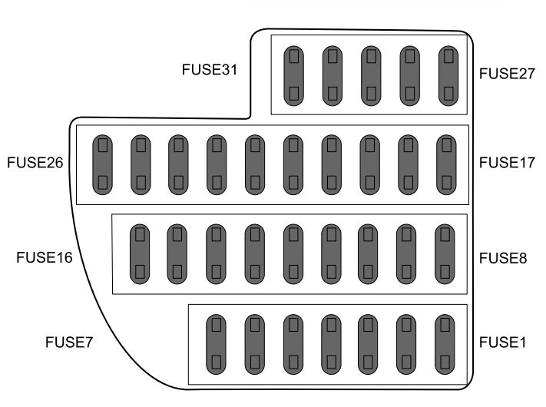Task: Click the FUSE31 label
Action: pyautogui.click(x=210, y=68)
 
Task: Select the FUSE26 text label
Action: pyautogui.click(x=35, y=163)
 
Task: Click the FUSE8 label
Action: pyautogui.click(x=503, y=257)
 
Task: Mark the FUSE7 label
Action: pyautogui.click(x=68, y=342)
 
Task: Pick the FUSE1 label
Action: pyautogui.click(x=503, y=342)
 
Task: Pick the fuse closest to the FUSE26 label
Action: pyautogui.click(x=102, y=164)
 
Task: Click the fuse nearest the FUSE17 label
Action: pyautogui.click(x=446, y=164)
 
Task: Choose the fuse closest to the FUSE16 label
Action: pyautogui.click(x=139, y=253)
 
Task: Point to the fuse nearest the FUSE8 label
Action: pyautogui.click(x=444, y=253)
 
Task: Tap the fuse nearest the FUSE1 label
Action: pyautogui.click(x=444, y=342)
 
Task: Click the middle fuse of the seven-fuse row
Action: pyautogui.click(x=329, y=342)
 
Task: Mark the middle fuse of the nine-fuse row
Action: pyautogui.click(x=292, y=253)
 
